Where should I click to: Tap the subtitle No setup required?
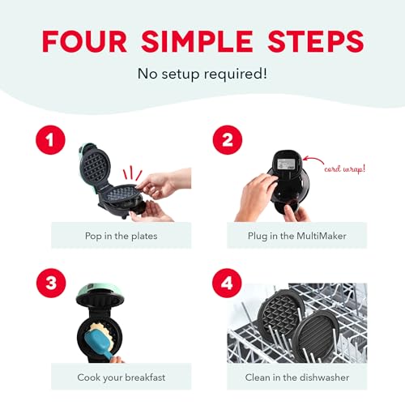pyautogui.click(x=202, y=75)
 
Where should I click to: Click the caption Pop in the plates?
pyautogui.click(x=122, y=235)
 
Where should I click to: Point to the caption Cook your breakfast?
pyautogui.click(x=122, y=377)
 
